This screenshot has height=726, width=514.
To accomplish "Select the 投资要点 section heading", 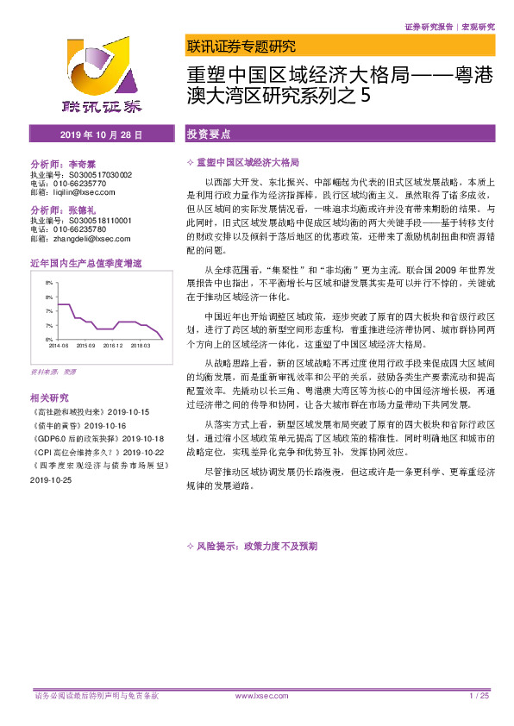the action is point(209,135).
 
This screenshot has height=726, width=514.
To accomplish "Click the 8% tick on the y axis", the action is point(50,283).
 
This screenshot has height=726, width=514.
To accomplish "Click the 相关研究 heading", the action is point(48,398).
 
